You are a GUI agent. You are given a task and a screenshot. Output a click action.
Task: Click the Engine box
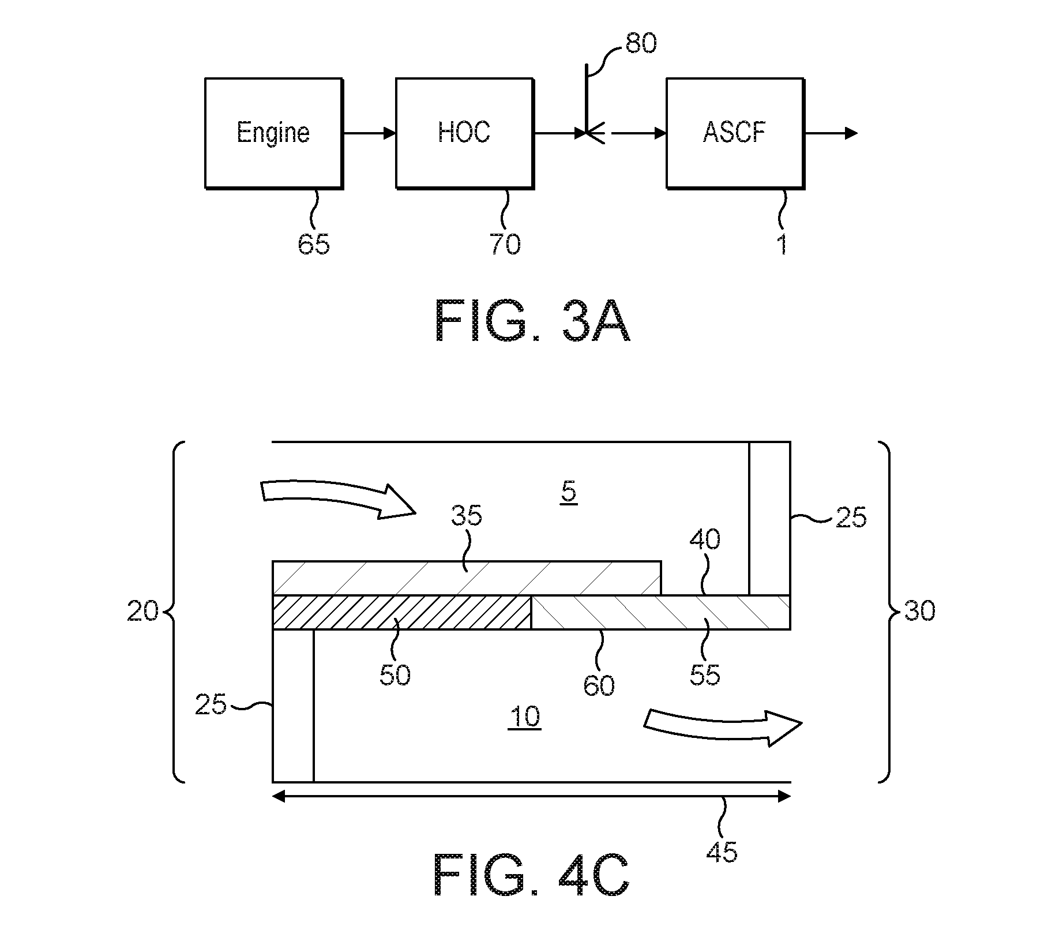coord(274,133)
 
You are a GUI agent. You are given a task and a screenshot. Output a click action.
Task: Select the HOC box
coord(464,133)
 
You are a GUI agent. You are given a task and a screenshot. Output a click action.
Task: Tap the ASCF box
coord(735,133)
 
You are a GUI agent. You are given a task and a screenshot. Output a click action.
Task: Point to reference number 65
coord(314,243)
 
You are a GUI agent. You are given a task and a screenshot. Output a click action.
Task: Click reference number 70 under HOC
coord(505,243)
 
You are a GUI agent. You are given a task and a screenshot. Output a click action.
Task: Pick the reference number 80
coord(641,43)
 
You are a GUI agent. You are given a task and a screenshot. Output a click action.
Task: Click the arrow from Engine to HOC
coord(370,133)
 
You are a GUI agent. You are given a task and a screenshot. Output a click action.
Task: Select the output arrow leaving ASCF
coord(831,133)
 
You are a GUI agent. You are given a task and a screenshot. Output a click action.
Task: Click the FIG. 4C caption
coord(531,890)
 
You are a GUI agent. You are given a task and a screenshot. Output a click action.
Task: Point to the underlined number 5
coord(569,493)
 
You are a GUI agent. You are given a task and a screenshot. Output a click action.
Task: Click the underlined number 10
coord(525,717)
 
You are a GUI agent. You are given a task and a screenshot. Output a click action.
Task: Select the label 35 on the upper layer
coord(467,515)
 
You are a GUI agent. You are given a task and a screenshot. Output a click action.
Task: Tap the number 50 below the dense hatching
coord(395,674)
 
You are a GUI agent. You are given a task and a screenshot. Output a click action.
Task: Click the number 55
coord(705,674)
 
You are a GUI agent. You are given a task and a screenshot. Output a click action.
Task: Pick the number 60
coord(599,685)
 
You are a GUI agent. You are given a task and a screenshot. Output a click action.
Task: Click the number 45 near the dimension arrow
coord(722,851)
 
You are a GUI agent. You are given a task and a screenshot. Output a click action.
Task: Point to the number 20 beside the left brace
coord(142,611)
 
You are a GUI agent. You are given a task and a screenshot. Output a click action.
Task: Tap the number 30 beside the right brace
coord(920,610)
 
